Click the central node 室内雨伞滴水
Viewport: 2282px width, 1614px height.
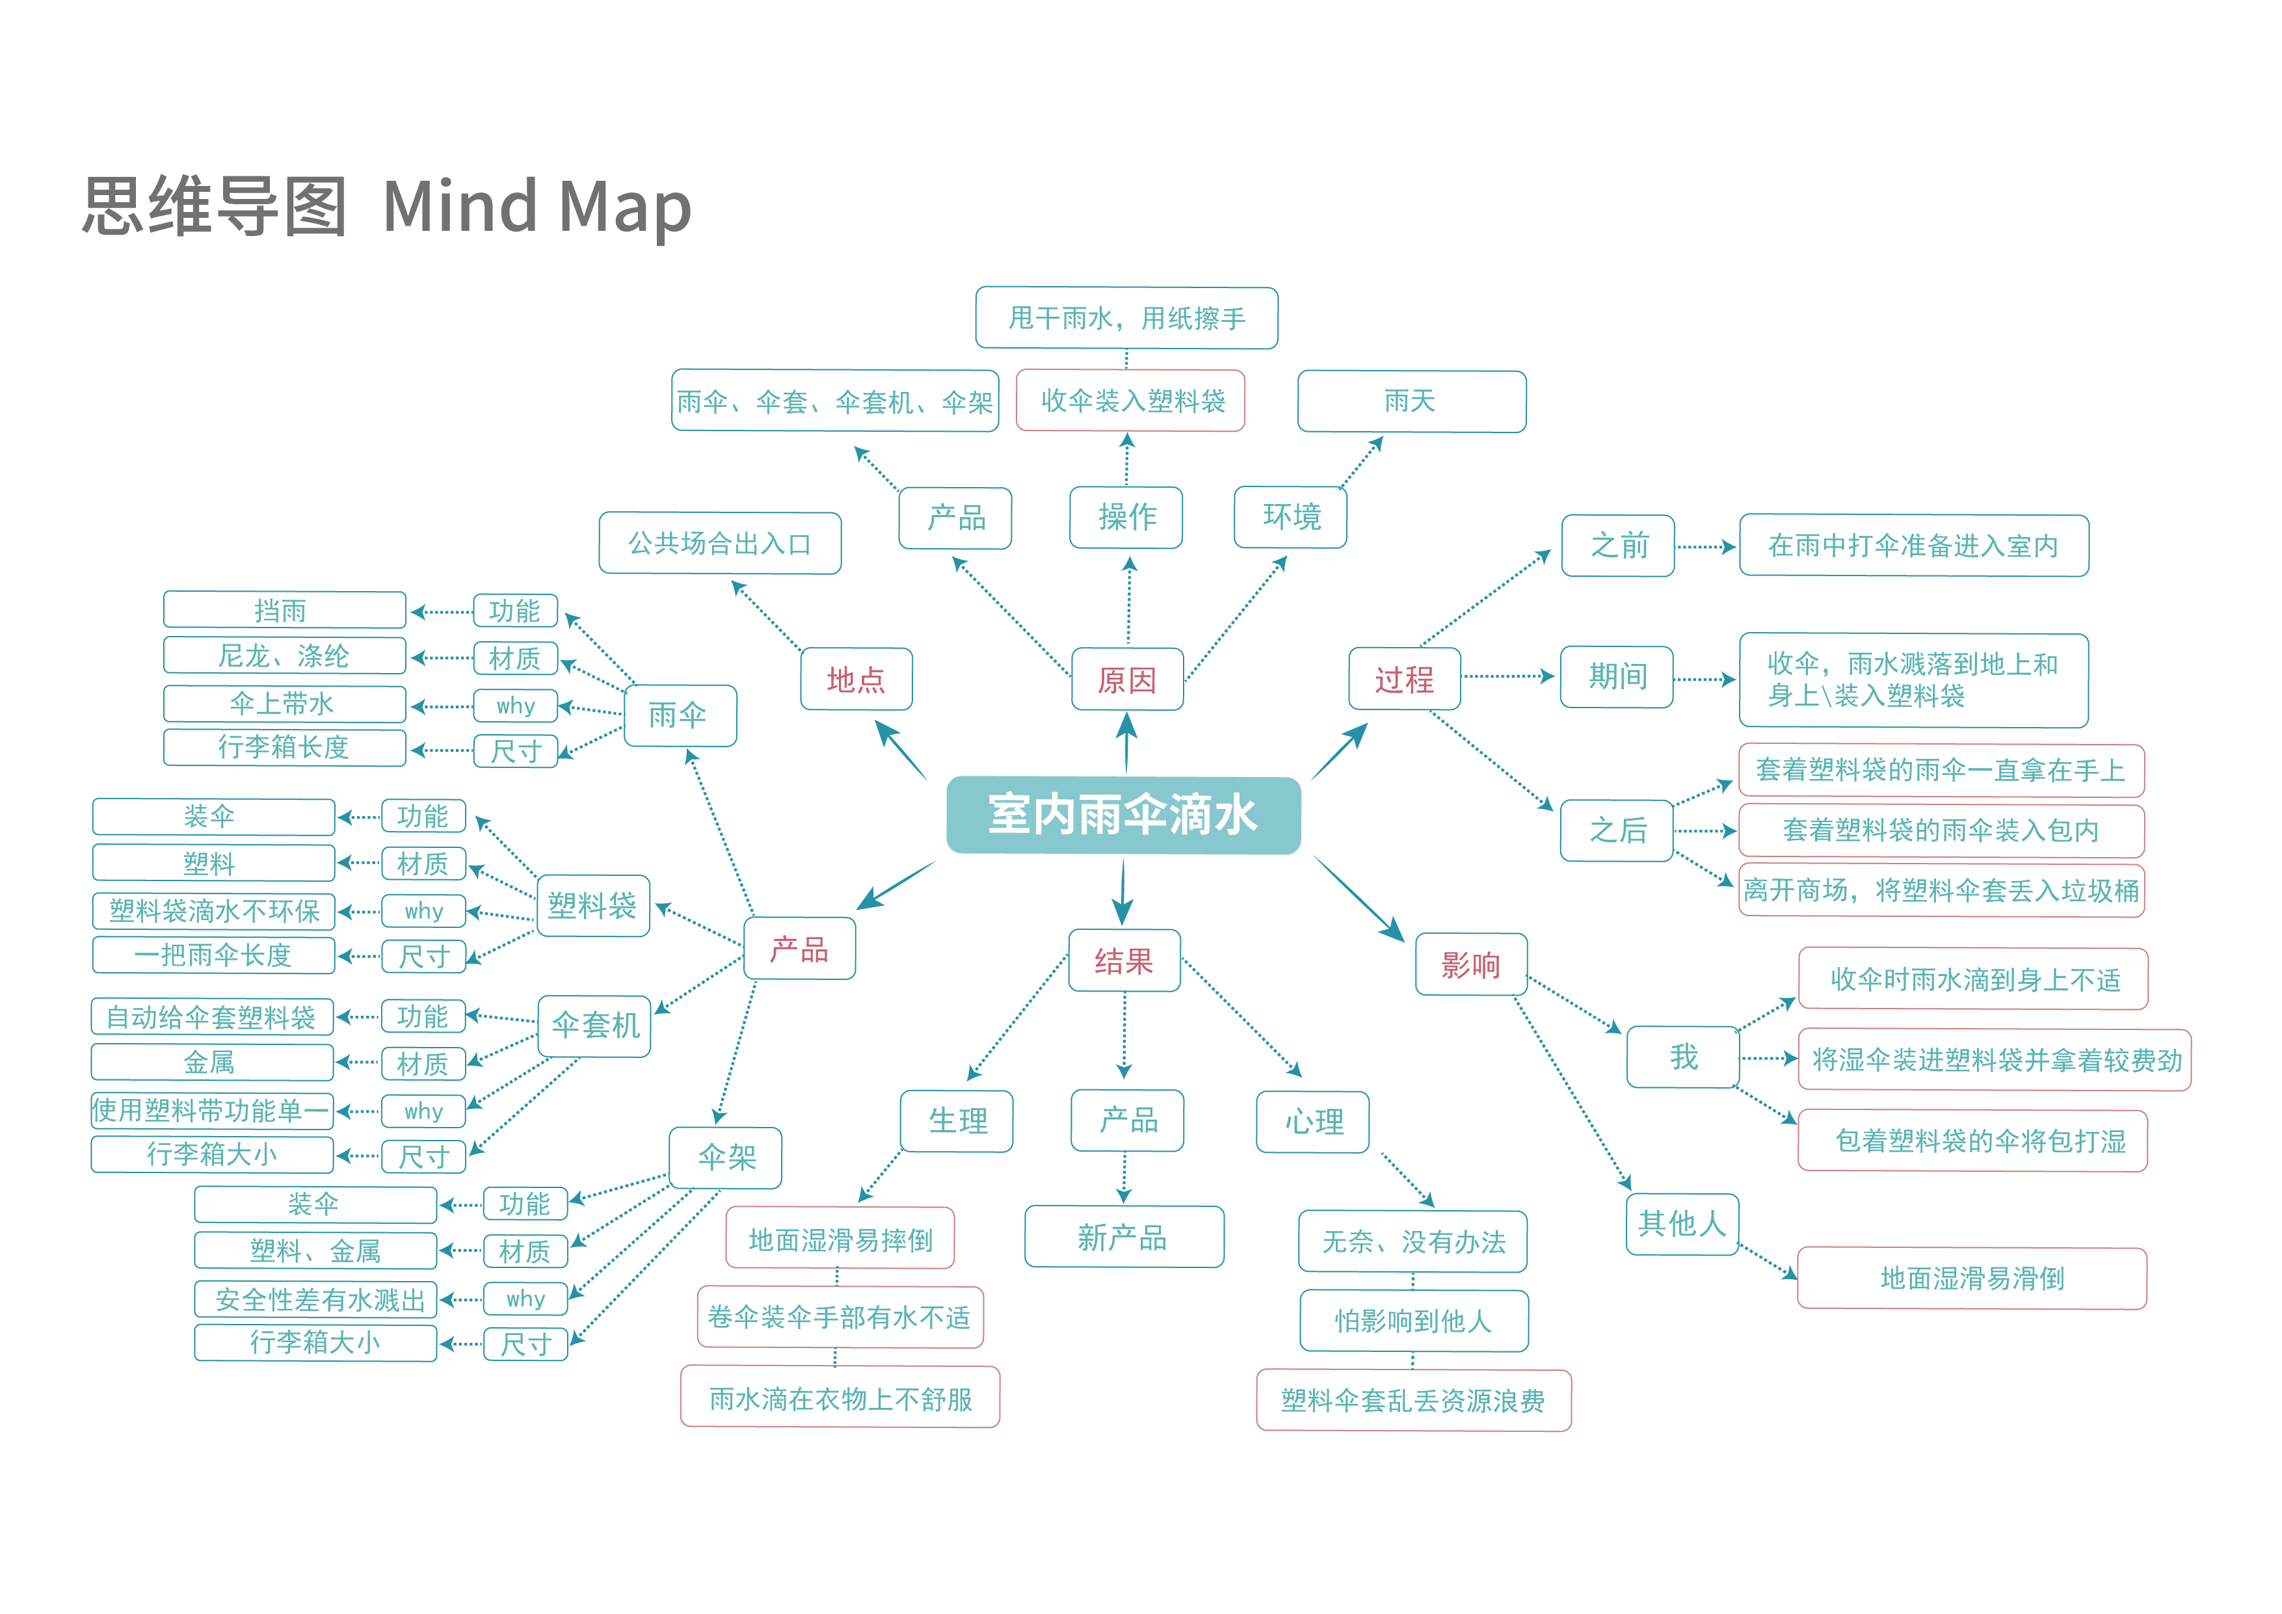coord(1123,815)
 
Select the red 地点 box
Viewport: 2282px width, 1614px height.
coord(856,680)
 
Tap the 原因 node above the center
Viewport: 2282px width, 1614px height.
coord(1127,680)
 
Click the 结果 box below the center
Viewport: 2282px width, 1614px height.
coord(1124,961)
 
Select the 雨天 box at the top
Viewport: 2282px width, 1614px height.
coord(1411,401)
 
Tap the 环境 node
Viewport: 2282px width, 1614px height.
coord(1290,517)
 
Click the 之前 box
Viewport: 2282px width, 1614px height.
coord(1618,546)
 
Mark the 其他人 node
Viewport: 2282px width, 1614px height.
coord(1682,1223)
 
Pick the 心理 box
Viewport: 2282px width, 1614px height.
coord(1313,1122)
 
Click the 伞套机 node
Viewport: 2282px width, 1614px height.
coord(594,1025)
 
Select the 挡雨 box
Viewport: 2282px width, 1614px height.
coord(284,610)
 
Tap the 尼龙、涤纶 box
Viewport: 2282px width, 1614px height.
coord(284,656)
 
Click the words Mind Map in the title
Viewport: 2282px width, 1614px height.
coord(537,207)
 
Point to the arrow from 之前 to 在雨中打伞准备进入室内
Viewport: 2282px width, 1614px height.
coord(1706,547)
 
